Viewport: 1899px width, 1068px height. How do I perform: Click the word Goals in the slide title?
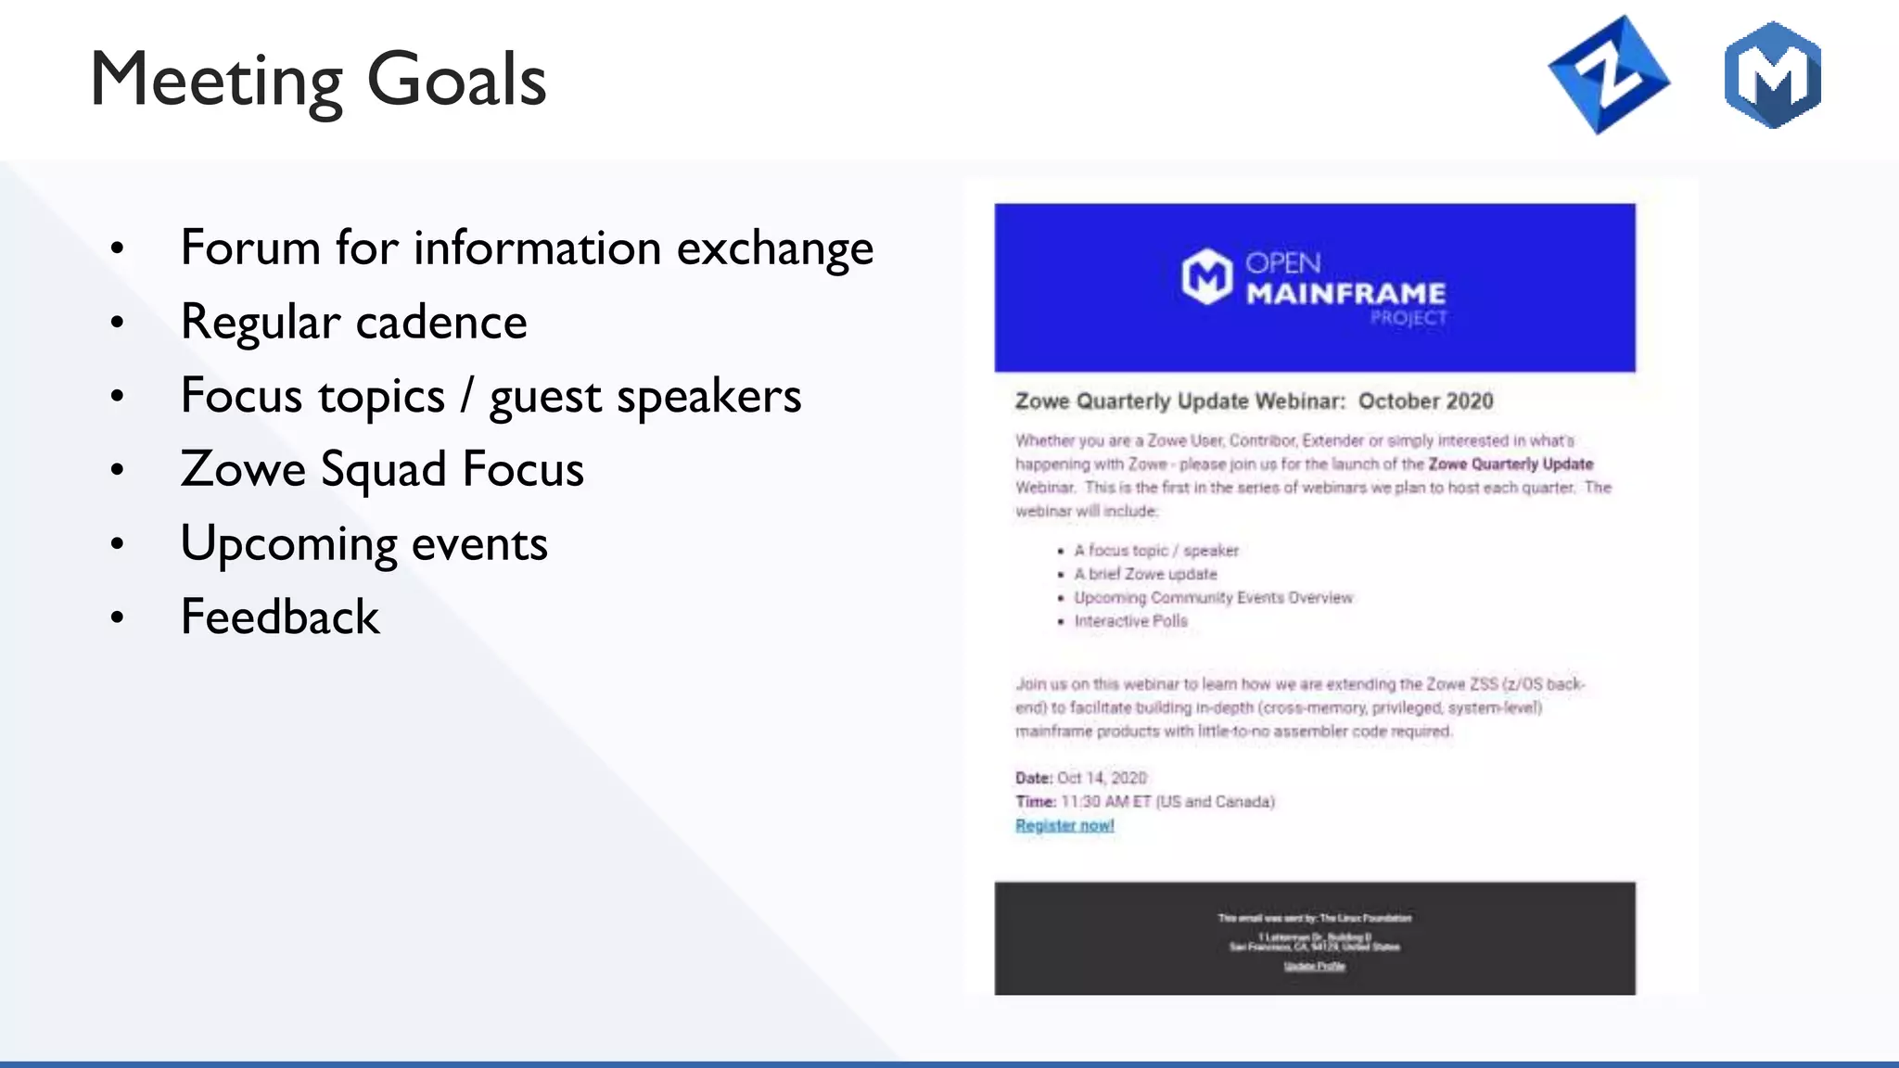click(456, 80)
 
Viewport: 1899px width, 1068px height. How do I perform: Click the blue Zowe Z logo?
click(1609, 75)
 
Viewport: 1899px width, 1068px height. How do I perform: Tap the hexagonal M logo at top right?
click(1772, 75)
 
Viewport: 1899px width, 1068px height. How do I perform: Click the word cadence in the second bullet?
click(441, 322)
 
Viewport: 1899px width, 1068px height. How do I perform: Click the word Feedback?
click(280, 617)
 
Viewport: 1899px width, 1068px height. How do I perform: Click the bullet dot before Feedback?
click(117, 617)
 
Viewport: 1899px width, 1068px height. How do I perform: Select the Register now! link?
click(1064, 825)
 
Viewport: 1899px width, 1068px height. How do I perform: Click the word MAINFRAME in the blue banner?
click(1345, 294)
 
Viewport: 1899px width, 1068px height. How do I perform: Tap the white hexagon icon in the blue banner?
click(1206, 276)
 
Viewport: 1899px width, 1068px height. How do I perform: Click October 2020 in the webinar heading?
click(1425, 401)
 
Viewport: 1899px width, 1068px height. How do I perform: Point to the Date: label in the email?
click(1033, 778)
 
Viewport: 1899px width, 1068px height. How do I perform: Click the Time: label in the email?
click(1035, 801)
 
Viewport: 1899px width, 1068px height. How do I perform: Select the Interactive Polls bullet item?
click(1130, 621)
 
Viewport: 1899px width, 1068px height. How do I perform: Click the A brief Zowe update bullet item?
click(1145, 574)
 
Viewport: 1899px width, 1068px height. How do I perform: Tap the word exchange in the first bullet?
click(774, 248)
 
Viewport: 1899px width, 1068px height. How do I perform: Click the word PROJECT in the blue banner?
click(1408, 318)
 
